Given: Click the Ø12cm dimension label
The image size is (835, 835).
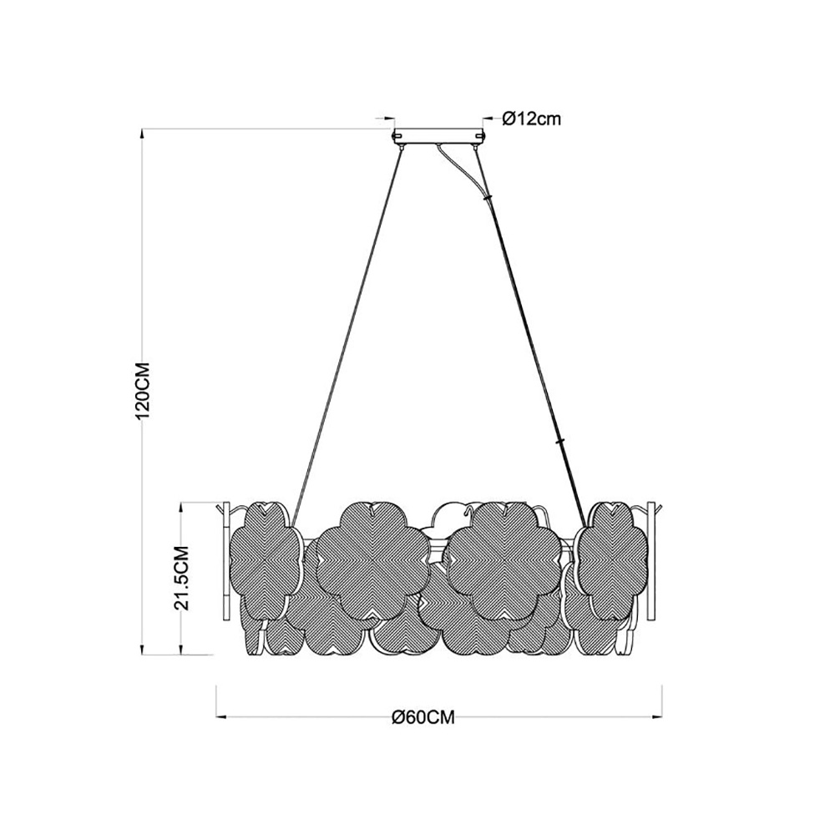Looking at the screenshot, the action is (x=531, y=119).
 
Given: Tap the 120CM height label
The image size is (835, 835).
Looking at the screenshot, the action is (x=144, y=390).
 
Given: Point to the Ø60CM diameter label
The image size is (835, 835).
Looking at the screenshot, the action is (x=423, y=717).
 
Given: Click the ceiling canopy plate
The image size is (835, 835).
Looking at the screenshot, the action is (x=438, y=136).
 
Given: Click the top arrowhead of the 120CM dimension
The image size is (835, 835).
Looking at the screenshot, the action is (x=142, y=134).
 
